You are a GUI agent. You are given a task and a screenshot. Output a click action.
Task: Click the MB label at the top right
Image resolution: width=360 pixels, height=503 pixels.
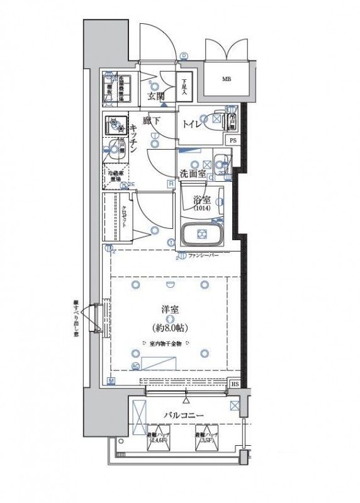coord(225,79)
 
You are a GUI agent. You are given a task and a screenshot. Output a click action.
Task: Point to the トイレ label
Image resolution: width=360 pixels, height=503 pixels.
coord(192,124)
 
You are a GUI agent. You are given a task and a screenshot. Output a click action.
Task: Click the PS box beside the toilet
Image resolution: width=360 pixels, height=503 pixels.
coord(233,140)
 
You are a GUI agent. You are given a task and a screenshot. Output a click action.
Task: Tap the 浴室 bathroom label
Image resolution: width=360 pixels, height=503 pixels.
coord(201,201)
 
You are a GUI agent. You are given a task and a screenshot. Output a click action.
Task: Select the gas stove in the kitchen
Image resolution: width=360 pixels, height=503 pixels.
coord(116,126)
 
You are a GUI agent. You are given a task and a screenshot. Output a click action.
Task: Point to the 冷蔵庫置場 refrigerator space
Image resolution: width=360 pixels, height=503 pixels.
coord(115,175)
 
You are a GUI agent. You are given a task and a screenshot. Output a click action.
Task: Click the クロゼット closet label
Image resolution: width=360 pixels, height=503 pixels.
coord(124,217)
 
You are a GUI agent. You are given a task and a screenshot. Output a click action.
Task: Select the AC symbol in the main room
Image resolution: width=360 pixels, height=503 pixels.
coord(136,365)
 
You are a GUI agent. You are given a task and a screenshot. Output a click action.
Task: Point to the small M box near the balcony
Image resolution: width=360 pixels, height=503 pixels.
coord(111,381)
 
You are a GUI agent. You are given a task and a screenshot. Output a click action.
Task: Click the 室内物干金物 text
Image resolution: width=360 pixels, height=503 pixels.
coord(166,344)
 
